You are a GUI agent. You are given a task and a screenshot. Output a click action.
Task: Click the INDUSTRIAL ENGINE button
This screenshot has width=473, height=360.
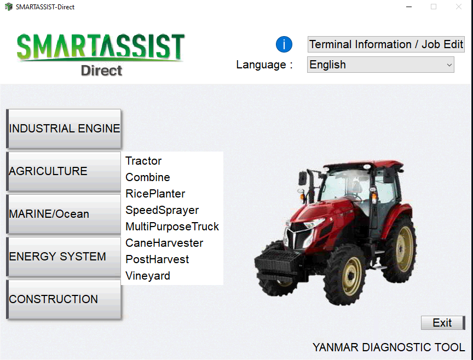coord(64,129)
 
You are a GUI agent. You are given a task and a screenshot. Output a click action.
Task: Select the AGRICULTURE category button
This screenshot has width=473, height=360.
coord(64,171)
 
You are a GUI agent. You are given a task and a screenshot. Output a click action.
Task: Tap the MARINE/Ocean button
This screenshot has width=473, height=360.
coord(64,214)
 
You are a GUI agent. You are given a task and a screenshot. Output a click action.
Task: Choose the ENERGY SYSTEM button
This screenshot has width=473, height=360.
coord(64,257)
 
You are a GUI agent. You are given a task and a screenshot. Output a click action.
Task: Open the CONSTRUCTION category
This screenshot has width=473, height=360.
coord(64,299)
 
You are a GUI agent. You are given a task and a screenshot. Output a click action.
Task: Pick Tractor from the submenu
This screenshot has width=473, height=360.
coord(143,161)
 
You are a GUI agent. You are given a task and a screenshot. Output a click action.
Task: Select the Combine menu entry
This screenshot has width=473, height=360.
coord(148,177)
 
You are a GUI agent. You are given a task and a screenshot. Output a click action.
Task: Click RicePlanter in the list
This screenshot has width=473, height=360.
coord(155,194)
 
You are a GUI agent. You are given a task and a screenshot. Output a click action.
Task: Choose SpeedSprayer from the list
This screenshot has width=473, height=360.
coord(162,210)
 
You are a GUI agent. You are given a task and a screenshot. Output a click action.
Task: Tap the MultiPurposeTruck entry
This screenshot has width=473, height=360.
coord(172,227)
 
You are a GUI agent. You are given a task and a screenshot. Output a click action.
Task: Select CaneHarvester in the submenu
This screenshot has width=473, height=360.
coord(164,243)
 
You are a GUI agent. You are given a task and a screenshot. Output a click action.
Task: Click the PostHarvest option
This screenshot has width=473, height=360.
coord(157,259)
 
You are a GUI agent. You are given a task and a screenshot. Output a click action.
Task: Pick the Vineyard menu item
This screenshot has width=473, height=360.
coord(148,276)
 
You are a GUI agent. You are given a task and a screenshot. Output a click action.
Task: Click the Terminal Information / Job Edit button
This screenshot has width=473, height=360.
coord(386,44)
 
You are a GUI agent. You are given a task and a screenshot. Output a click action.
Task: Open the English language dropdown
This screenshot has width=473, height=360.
coord(380,65)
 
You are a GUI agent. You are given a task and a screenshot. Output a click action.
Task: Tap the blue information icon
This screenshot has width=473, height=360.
coord(284,44)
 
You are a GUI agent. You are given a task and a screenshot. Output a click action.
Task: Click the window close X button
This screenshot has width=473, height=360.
coord(459,7)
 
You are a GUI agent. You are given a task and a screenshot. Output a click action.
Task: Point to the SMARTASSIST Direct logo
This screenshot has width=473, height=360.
coord(101,54)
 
